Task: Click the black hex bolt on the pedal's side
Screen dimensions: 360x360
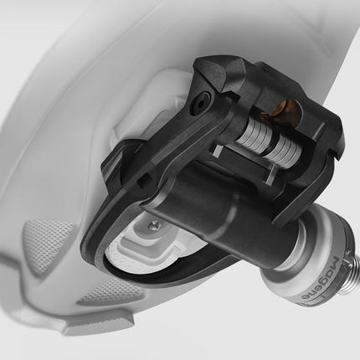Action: click(x=199, y=103)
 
